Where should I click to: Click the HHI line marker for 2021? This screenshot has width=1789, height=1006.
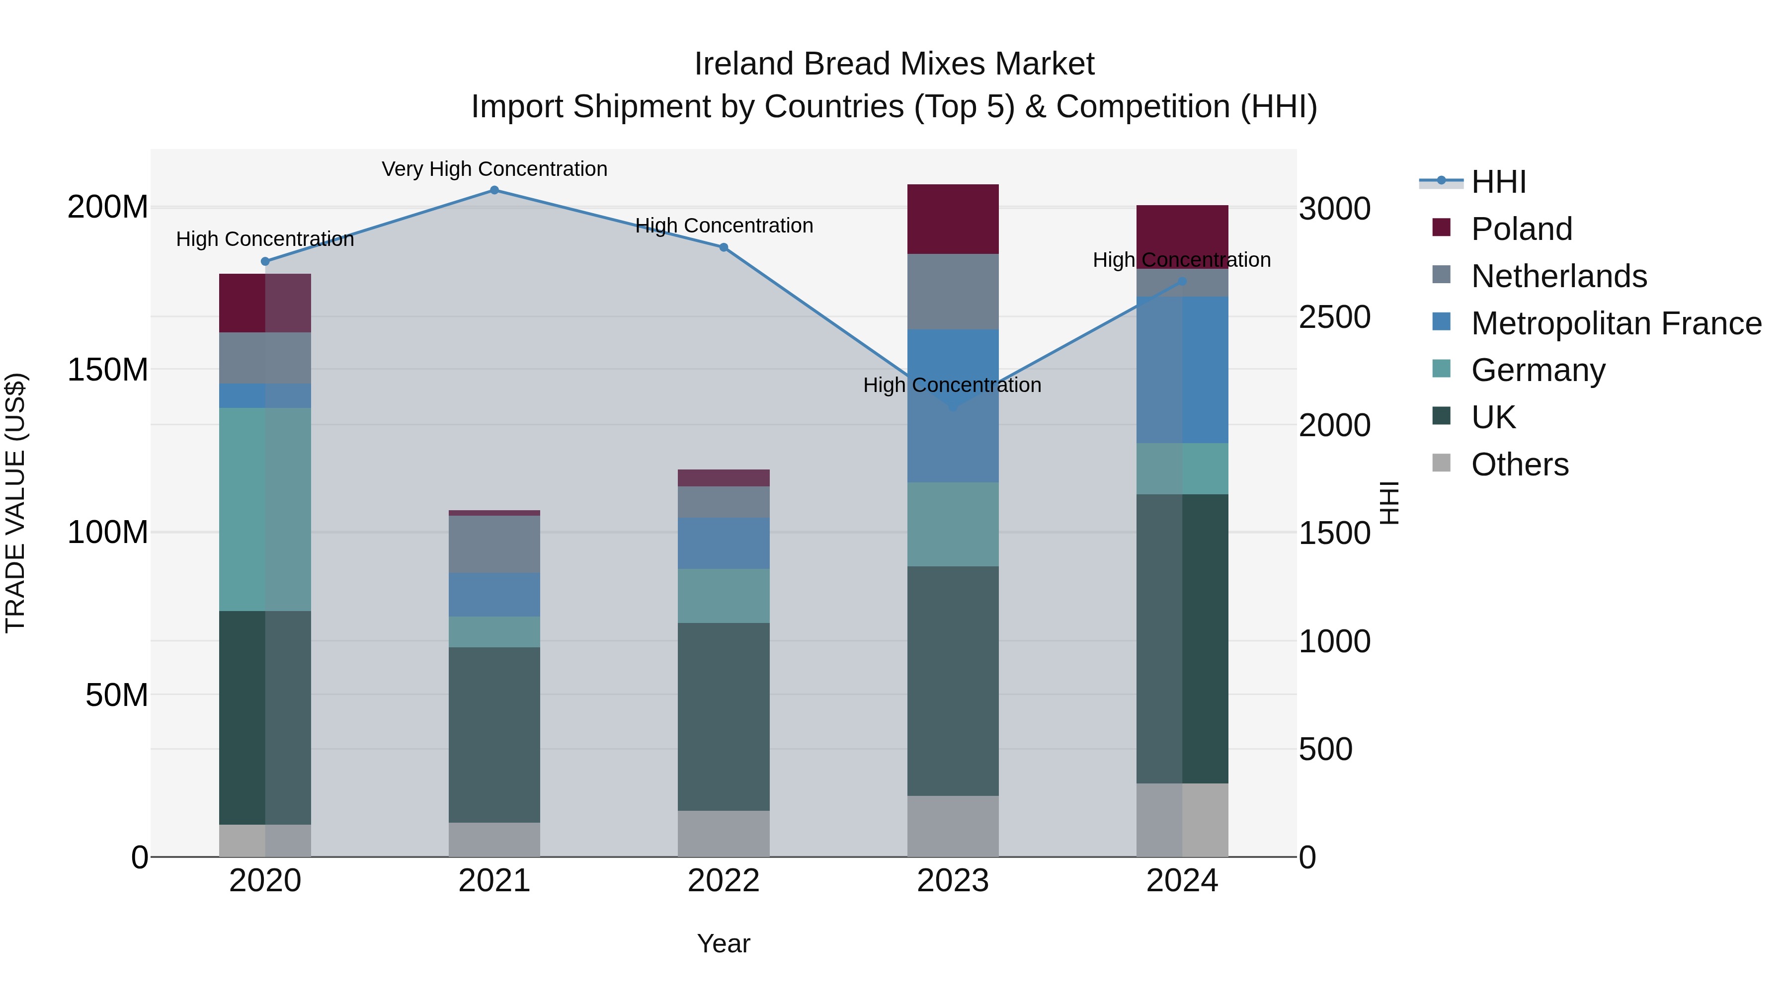pos(494,190)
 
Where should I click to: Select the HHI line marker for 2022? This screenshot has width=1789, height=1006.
pos(724,248)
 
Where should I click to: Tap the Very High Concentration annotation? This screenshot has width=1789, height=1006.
pos(494,169)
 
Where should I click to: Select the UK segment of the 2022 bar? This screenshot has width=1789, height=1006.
pos(724,716)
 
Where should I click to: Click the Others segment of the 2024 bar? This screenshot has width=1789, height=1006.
pos(1182,820)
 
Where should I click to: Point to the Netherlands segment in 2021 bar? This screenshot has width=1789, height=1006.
pos(494,544)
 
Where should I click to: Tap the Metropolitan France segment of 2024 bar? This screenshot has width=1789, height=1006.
pos(1182,370)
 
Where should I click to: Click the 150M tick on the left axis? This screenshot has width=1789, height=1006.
pos(108,370)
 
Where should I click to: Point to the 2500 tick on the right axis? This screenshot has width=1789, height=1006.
pos(1334,317)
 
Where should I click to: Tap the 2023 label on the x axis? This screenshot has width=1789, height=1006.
pos(953,881)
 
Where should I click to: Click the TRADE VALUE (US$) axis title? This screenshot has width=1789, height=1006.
pos(15,503)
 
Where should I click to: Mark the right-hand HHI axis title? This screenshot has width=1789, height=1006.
pos(1389,503)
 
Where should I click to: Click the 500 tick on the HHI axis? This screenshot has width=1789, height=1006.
pos(1325,750)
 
